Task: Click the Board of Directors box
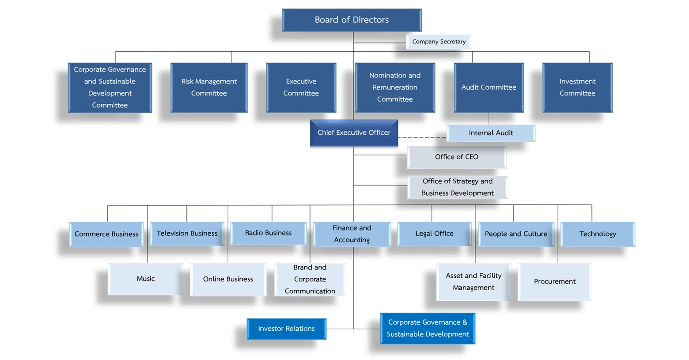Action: click(x=352, y=20)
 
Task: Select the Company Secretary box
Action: click(x=439, y=42)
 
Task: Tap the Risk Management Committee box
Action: click(x=209, y=87)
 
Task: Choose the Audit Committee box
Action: click(x=488, y=87)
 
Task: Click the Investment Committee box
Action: click(x=577, y=87)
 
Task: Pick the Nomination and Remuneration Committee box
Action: click(x=395, y=87)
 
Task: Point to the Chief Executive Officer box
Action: click(x=354, y=133)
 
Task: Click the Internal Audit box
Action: click(x=491, y=133)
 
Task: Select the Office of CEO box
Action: click(x=456, y=157)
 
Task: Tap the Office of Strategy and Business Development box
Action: click(x=457, y=187)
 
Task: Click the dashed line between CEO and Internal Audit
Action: click(x=422, y=137)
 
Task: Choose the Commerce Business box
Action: click(x=106, y=234)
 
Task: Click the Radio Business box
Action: click(x=268, y=233)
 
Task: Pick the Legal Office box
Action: click(x=434, y=234)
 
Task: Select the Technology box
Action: click(x=598, y=234)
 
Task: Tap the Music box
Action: click(x=146, y=279)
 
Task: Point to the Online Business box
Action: click(x=228, y=279)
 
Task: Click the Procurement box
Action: click(x=554, y=281)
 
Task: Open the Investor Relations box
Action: click(x=286, y=329)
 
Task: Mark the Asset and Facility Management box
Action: click(x=473, y=282)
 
